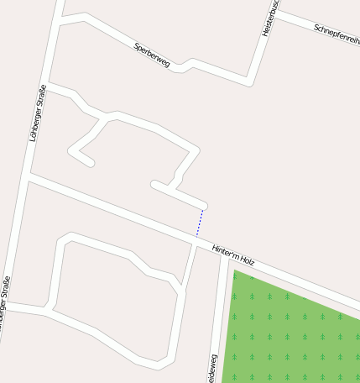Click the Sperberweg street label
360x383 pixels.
click(152, 54)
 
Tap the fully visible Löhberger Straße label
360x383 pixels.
click(37, 113)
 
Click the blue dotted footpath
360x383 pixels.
click(200, 223)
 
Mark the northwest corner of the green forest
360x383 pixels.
click(233, 270)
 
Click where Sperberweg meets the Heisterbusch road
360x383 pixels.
click(249, 82)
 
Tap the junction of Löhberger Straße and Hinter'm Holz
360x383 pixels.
click(30, 177)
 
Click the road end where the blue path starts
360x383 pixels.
click(203, 206)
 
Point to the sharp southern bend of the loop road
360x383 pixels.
click(158, 365)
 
